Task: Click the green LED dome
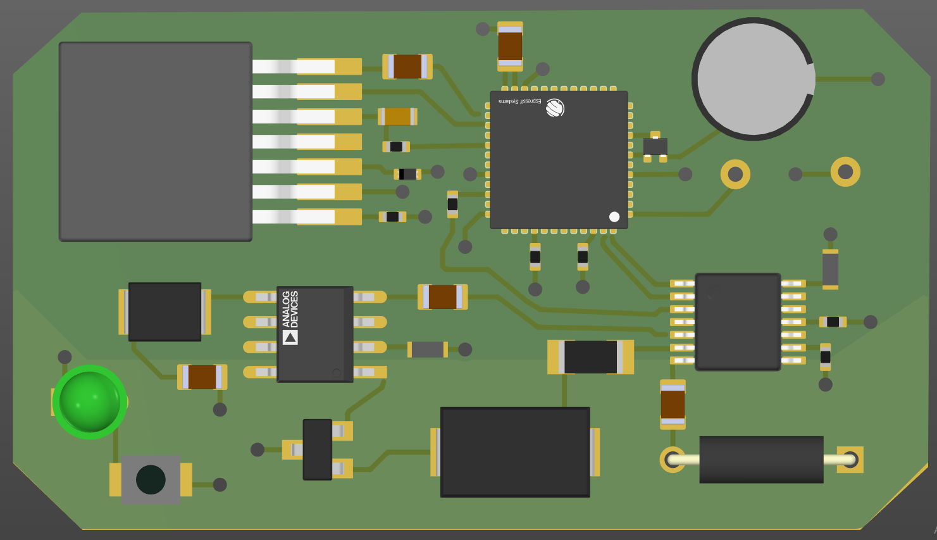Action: [89, 402]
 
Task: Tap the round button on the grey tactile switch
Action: [151, 480]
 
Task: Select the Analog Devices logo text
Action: [290, 309]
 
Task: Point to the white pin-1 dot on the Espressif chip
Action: [614, 217]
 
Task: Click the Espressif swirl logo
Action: [555, 108]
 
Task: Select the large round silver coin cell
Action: [753, 79]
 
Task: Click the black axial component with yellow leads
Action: [761, 460]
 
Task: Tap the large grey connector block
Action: [156, 142]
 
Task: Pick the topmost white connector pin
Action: [294, 66]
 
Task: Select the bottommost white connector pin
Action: [294, 217]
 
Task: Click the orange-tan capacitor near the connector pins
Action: [398, 116]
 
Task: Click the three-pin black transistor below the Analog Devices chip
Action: [318, 449]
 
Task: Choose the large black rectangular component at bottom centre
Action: [515, 452]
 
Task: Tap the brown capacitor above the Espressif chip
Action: [510, 46]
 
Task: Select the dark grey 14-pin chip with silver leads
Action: [738, 322]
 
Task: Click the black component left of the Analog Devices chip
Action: [164, 311]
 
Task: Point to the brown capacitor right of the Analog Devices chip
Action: [442, 297]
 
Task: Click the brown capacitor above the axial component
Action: [673, 405]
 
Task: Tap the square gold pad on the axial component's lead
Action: [850, 460]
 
